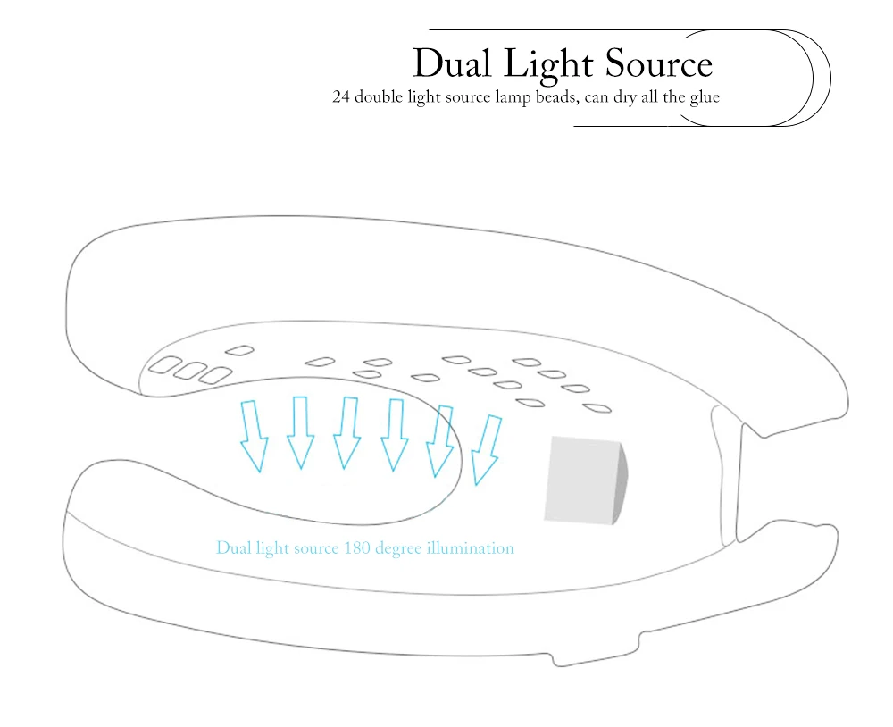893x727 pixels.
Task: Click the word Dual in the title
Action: tap(452, 63)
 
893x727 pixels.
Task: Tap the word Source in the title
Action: tap(659, 63)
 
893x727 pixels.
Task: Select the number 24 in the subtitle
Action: tap(340, 96)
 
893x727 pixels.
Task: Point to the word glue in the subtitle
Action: tap(705, 98)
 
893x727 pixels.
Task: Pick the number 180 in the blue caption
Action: tap(356, 548)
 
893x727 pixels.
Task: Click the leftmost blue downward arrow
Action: tap(254, 437)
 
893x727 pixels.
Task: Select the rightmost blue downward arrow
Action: tap(487, 450)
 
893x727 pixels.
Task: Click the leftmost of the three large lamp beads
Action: tap(165, 364)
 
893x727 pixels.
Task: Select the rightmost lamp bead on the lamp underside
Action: tap(597, 408)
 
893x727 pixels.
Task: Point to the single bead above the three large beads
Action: tap(239, 350)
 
